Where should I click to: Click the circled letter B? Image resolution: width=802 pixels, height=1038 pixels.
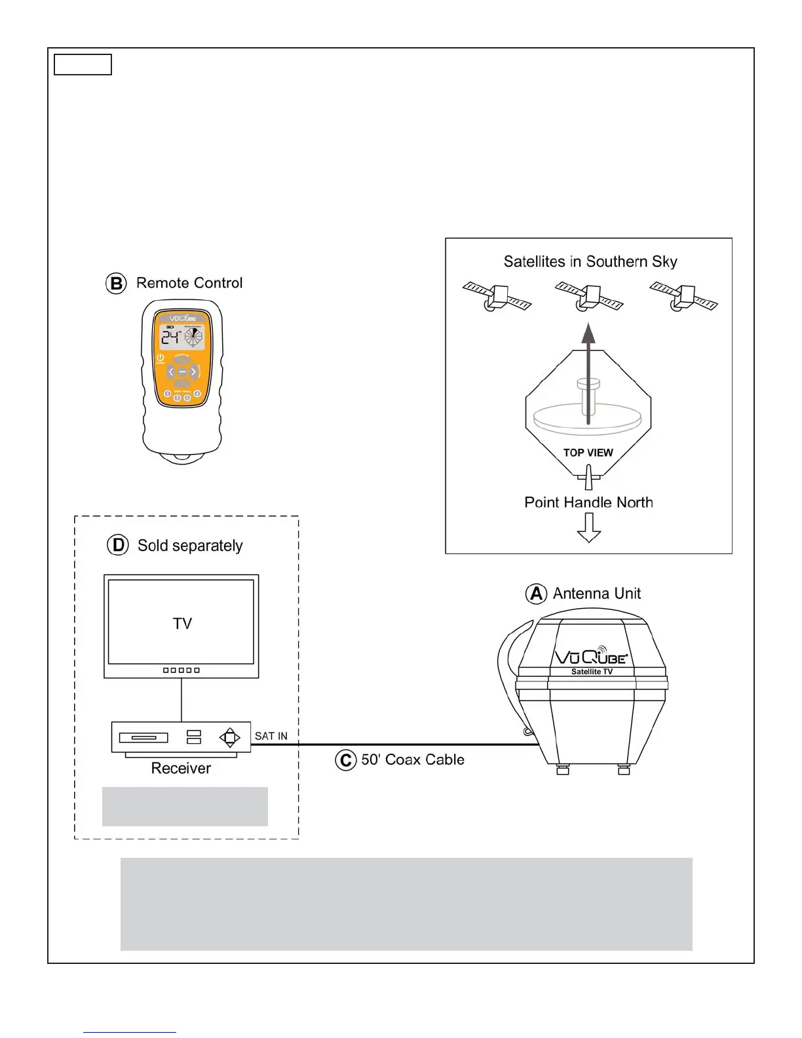(x=116, y=284)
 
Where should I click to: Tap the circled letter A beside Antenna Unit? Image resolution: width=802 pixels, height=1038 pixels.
(x=536, y=594)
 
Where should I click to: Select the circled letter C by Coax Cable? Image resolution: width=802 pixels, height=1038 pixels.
(x=345, y=760)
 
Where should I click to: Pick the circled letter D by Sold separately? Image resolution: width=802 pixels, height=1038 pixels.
(x=118, y=545)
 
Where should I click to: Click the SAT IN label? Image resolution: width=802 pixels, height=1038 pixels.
(x=271, y=736)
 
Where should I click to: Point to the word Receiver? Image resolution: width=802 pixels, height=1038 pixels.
(x=181, y=768)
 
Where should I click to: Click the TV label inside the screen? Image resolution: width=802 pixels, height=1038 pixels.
(x=182, y=623)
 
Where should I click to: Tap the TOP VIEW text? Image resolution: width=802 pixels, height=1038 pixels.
(x=588, y=453)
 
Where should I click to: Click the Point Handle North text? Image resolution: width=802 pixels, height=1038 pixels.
(x=588, y=503)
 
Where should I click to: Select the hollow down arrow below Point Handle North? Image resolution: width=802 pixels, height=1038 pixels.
(x=589, y=527)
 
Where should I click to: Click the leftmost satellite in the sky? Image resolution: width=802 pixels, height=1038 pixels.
(x=497, y=296)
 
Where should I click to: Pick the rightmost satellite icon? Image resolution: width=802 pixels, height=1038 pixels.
(x=683, y=296)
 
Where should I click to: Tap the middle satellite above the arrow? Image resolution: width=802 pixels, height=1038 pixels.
(x=589, y=296)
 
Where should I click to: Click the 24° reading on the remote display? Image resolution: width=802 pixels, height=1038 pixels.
(x=170, y=337)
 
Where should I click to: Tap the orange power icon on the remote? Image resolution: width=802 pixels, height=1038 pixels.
(x=160, y=358)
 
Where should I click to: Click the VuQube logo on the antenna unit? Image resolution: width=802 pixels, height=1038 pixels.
(x=591, y=656)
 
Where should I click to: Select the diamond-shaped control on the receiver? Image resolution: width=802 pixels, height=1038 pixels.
(x=229, y=737)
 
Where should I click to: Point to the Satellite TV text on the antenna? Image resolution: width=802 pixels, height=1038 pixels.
(x=592, y=672)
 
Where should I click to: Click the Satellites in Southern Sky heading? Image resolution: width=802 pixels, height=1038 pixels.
(x=590, y=261)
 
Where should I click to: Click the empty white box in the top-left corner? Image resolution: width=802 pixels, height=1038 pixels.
(x=83, y=65)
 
